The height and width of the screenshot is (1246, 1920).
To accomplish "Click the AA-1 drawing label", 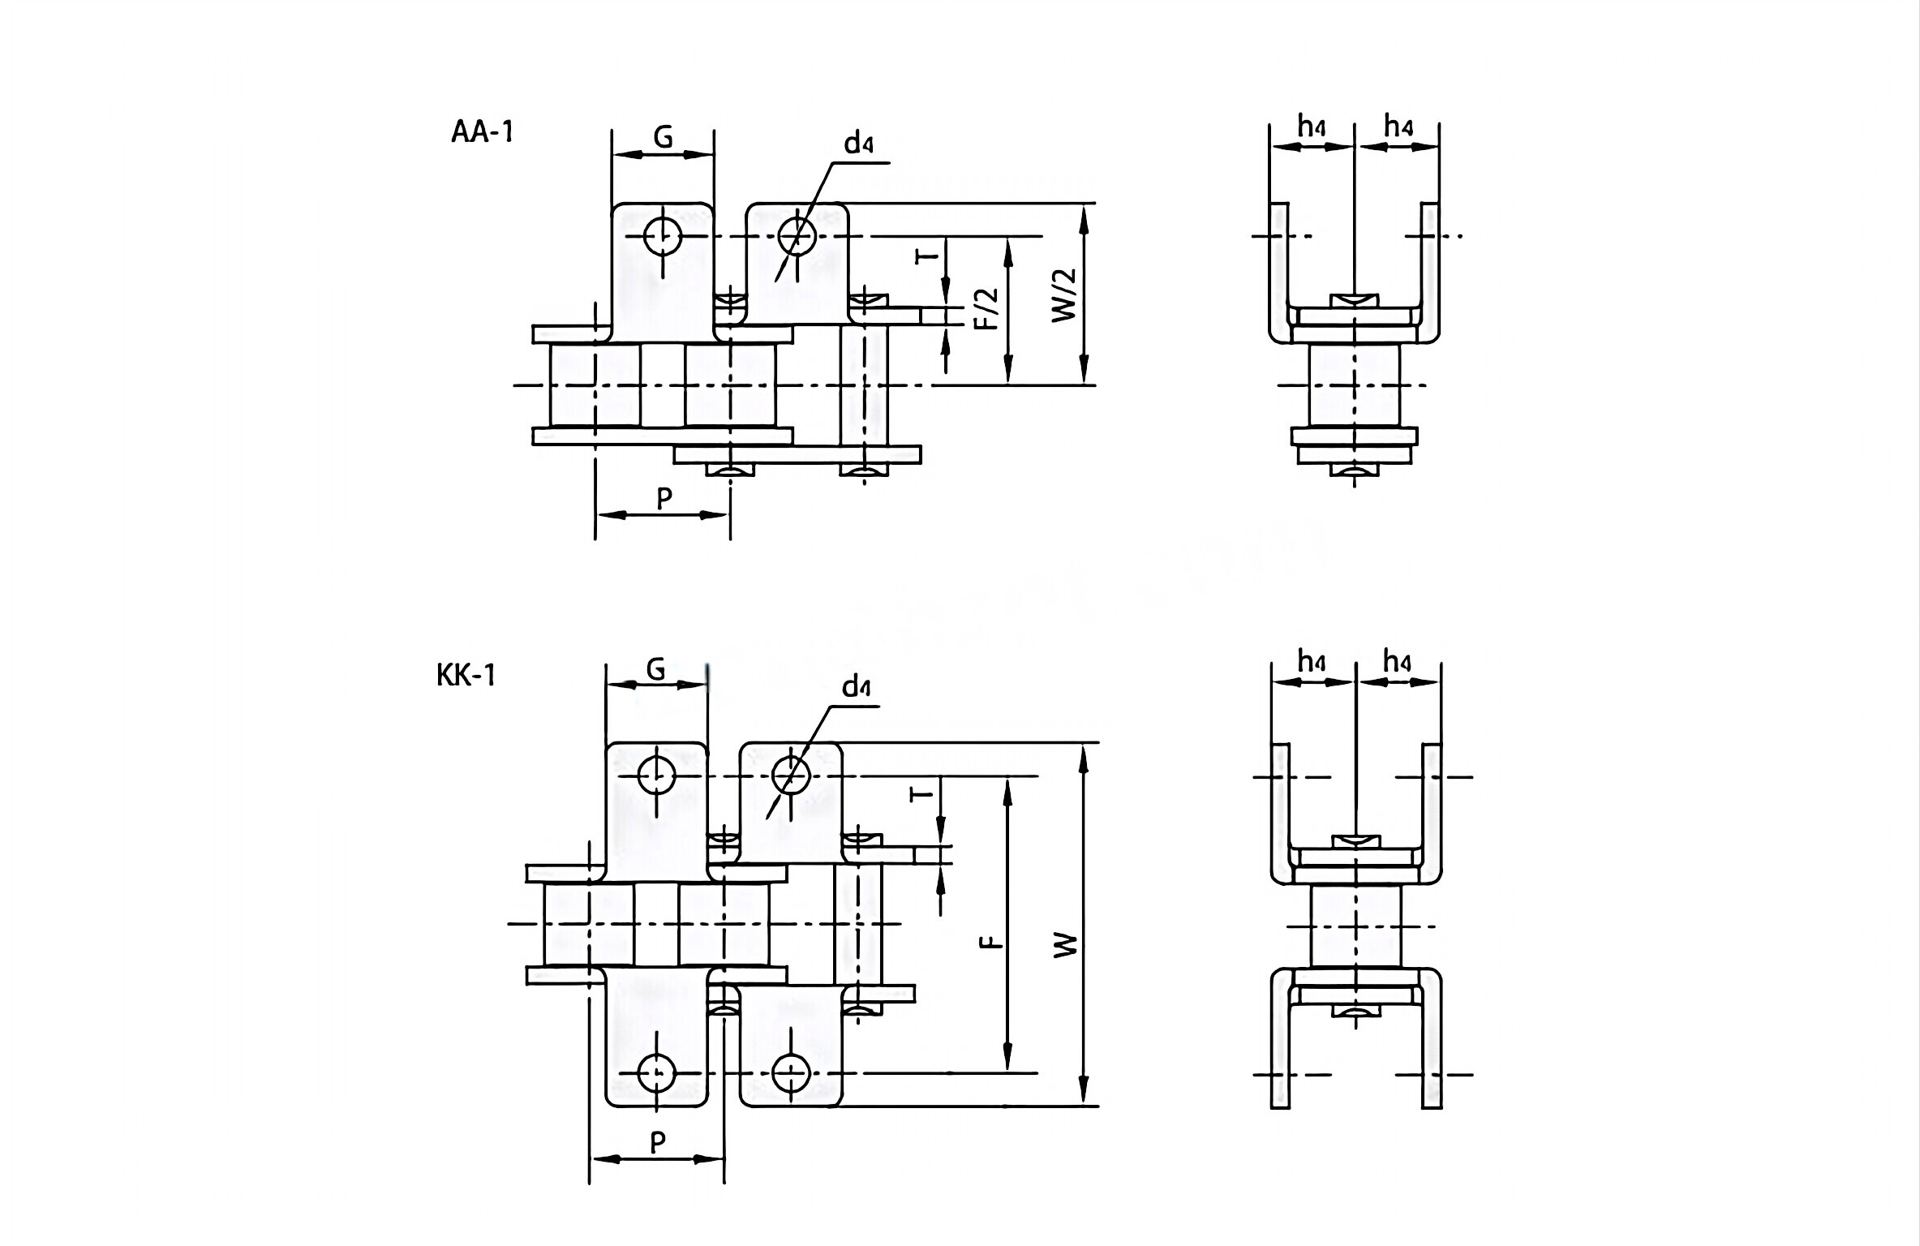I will tap(483, 131).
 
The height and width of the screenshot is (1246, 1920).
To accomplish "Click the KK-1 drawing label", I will tap(466, 675).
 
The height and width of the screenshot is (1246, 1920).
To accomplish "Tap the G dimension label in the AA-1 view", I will tap(663, 138).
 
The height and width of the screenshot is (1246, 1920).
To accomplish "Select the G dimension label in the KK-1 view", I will tap(655, 670).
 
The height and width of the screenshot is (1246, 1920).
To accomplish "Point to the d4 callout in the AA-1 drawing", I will tap(858, 144).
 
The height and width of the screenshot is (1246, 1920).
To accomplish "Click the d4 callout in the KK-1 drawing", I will tap(856, 688).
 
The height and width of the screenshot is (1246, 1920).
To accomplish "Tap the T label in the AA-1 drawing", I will tap(926, 256).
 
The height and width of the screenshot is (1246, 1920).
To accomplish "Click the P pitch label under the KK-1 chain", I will tap(658, 1142).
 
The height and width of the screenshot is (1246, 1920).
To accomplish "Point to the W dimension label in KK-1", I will tap(1066, 943).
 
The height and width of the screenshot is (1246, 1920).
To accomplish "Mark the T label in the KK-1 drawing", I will tap(921, 792).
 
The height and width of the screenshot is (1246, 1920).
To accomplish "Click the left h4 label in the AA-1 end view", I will tap(1312, 127).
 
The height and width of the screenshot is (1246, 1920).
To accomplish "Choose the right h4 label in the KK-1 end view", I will tap(1397, 663).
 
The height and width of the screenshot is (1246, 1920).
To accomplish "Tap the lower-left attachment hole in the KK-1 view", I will tap(656, 1073).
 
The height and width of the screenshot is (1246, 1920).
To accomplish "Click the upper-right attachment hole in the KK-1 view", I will tap(791, 776).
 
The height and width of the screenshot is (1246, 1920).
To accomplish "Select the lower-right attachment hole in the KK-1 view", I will tap(792, 1073).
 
